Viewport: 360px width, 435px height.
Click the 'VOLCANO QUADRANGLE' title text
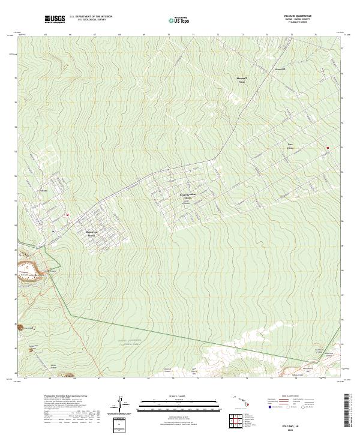coord(305,16)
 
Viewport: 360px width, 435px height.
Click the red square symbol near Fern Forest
coord(328,148)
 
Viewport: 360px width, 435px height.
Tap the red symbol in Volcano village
coord(68,215)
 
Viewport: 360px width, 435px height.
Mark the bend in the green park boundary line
coord(70,315)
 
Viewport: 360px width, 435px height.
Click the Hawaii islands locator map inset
coord(242,401)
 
